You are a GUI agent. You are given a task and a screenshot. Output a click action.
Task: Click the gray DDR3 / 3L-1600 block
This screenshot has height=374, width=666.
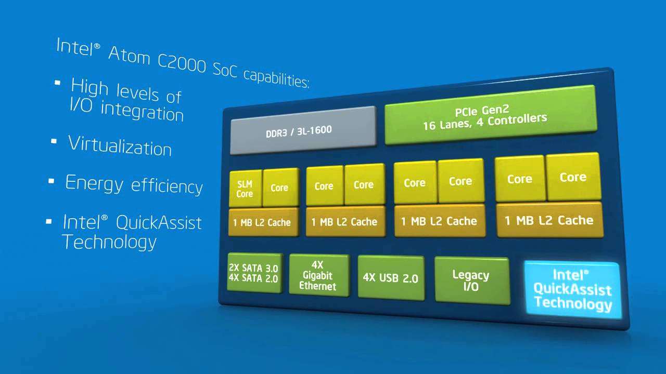point(303,130)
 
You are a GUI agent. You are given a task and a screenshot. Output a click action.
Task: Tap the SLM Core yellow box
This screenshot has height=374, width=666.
point(245,189)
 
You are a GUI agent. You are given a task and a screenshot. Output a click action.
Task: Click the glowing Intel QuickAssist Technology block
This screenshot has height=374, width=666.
point(572,289)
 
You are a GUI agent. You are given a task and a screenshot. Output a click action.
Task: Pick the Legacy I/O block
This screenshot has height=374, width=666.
point(471,280)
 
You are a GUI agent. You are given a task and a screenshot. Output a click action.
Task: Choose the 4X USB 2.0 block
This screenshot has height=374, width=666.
point(391,277)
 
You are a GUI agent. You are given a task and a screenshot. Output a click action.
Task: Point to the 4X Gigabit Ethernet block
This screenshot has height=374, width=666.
point(318,275)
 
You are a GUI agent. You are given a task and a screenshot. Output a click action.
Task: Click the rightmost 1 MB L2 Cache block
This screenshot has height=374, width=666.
point(549,220)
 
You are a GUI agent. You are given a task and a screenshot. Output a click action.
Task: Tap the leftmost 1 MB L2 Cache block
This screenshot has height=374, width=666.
point(262,222)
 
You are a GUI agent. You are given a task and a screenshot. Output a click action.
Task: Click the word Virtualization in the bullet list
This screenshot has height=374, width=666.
point(120,145)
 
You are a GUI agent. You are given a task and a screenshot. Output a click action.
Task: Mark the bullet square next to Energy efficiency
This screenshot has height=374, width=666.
point(52,181)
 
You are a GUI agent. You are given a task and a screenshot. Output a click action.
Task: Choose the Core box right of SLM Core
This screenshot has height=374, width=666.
point(279,188)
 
